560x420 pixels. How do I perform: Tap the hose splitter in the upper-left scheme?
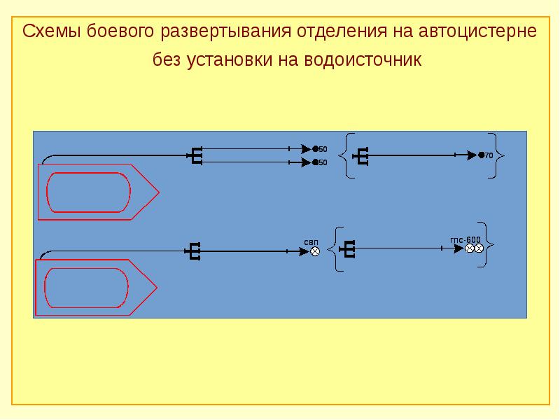click(197, 155)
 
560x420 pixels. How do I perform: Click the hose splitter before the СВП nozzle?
click(195, 251)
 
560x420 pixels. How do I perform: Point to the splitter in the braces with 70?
click(362, 155)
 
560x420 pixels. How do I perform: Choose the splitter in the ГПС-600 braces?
click(350, 247)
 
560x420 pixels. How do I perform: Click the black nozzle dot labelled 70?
click(481, 155)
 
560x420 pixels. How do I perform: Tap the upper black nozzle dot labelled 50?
click(315, 148)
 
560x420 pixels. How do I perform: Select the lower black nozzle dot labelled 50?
click(315, 162)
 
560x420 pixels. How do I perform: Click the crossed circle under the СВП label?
click(315, 251)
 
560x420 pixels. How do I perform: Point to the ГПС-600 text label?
click(465, 239)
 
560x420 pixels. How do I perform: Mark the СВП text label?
click(311, 241)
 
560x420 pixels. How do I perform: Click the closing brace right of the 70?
click(498, 155)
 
